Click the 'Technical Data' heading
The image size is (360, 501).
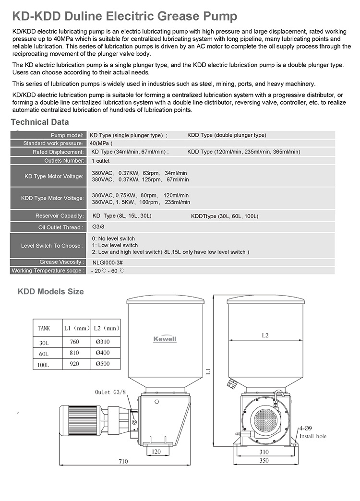coord(40,122)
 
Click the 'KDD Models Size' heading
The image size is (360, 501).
coord(50,291)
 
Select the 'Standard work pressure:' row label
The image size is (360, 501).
coord(53,143)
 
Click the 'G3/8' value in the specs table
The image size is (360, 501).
coord(98,227)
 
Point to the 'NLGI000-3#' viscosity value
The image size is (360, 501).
coord(108,262)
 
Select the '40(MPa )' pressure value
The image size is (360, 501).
coord(101,143)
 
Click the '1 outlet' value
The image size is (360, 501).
coord(100,161)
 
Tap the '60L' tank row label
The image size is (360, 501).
coord(44,354)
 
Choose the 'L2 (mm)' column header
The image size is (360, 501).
coord(105,329)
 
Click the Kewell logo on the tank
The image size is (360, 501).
coord(165,339)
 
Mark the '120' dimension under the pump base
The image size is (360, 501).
coord(156,452)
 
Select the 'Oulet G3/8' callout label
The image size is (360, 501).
coord(110,392)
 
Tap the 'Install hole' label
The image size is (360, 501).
coord(313,436)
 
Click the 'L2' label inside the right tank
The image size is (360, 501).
coord(265,336)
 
